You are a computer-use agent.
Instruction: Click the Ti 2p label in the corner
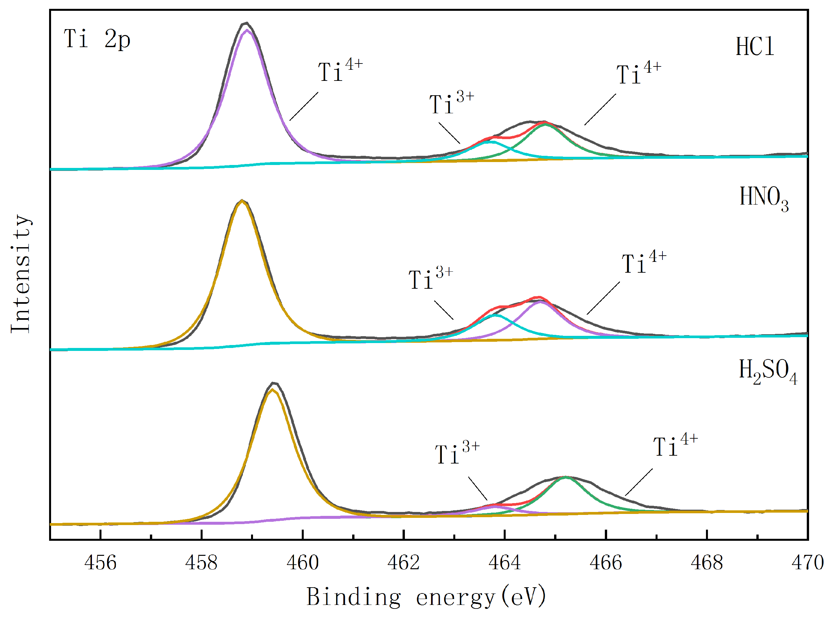(x=97, y=39)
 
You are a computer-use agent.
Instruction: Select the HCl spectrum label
(x=754, y=47)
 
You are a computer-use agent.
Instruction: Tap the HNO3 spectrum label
(x=763, y=199)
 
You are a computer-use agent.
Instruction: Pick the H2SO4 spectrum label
(x=767, y=371)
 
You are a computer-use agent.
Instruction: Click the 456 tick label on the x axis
(x=100, y=563)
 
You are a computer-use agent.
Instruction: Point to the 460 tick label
(x=302, y=563)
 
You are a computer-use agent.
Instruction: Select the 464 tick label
(x=504, y=563)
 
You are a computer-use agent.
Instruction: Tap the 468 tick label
(x=706, y=563)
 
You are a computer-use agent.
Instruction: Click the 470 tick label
(x=807, y=563)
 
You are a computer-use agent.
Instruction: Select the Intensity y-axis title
(x=21, y=274)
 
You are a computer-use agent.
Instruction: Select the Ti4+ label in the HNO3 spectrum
(x=643, y=262)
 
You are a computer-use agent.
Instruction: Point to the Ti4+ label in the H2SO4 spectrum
(x=675, y=445)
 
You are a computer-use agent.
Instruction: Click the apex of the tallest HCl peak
(x=246, y=23)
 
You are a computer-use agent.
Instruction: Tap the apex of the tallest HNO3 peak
(x=242, y=200)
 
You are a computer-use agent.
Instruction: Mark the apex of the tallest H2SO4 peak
(x=274, y=383)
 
